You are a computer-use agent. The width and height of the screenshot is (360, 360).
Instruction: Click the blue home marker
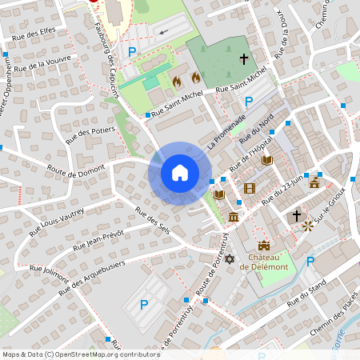(x=180, y=172)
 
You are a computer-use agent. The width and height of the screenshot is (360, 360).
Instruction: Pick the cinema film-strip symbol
(x=250, y=189)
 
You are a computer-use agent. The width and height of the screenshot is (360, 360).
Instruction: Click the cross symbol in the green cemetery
(x=244, y=58)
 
